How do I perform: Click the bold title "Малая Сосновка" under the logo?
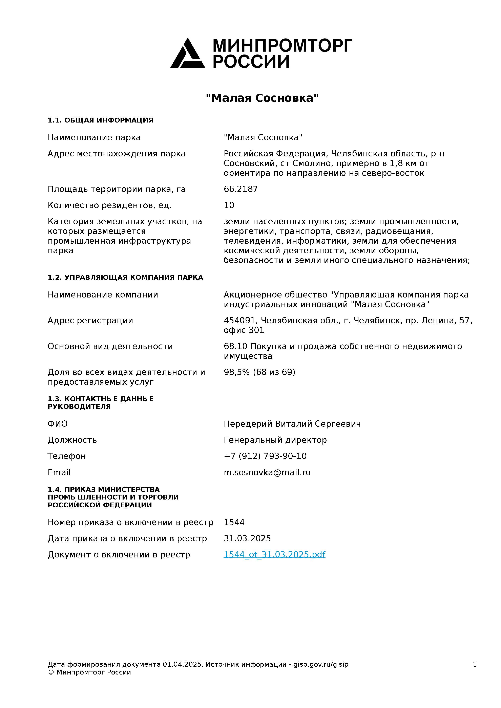pyautogui.click(x=262, y=98)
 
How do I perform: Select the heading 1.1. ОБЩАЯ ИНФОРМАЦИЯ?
pyautogui.click(x=100, y=120)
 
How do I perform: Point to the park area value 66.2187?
pyautogui.click(x=241, y=189)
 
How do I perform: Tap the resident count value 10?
pyautogui.click(x=229, y=205)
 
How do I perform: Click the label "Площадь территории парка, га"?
pyautogui.click(x=117, y=189)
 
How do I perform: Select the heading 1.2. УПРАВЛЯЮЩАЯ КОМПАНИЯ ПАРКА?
pyautogui.click(x=125, y=278)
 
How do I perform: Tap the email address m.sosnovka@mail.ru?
pyautogui.click(x=267, y=472)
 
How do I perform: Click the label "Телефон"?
pyautogui.click(x=67, y=456)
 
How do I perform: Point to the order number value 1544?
pyautogui.click(x=234, y=522)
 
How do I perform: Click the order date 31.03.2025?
pyautogui.click(x=247, y=538)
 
